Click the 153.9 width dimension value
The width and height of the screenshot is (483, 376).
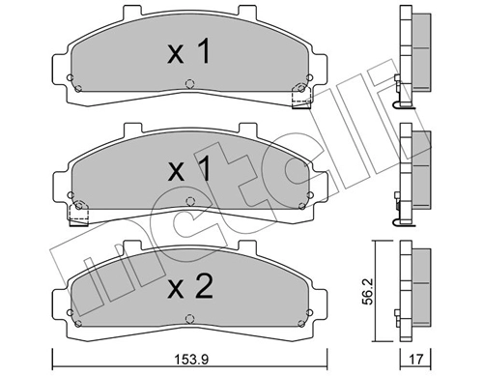coord(191,359)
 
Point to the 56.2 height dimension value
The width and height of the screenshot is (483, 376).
coord(369,292)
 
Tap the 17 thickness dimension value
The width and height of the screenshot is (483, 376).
coord(415,359)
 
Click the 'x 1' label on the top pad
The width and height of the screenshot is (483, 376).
coord(189,51)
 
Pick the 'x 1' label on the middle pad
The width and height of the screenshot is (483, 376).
coord(189,168)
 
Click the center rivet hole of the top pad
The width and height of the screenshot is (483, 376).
coord(190,84)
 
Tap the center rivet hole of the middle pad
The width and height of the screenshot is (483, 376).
coord(190,202)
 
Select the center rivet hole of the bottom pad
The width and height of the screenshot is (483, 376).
coord(190,319)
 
